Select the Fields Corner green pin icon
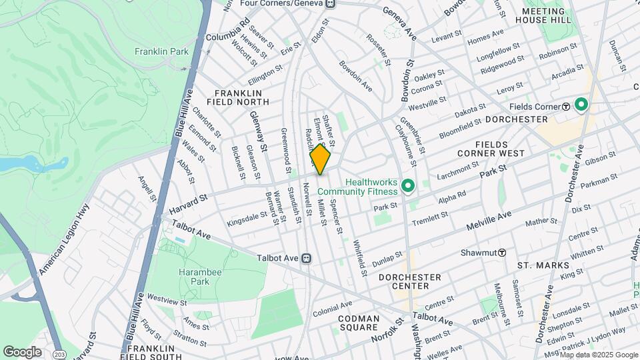581,105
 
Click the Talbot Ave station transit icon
306,257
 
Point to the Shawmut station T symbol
501,253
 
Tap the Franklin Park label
161,51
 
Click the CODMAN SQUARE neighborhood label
359,323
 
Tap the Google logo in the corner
23,351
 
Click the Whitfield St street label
361,258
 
